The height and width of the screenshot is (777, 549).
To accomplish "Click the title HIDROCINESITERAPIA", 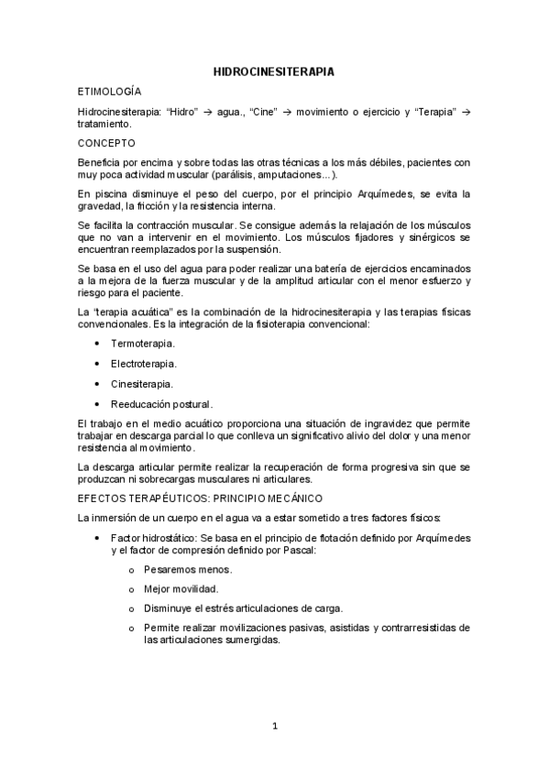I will (273, 70).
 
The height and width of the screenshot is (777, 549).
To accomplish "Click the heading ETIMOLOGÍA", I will (111, 92).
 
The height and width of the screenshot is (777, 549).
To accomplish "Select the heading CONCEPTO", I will (106, 143).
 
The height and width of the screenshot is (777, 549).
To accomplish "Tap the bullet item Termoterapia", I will (143, 343).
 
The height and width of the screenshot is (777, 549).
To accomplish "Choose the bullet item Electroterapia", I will (144, 363).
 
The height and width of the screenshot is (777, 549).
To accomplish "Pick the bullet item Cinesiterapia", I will (142, 384).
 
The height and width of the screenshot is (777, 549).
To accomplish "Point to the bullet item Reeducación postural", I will (161, 404).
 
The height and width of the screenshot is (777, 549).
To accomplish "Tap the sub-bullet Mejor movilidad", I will (181, 589).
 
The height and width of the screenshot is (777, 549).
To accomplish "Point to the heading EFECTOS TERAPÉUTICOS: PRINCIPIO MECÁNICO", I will (201, 498).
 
